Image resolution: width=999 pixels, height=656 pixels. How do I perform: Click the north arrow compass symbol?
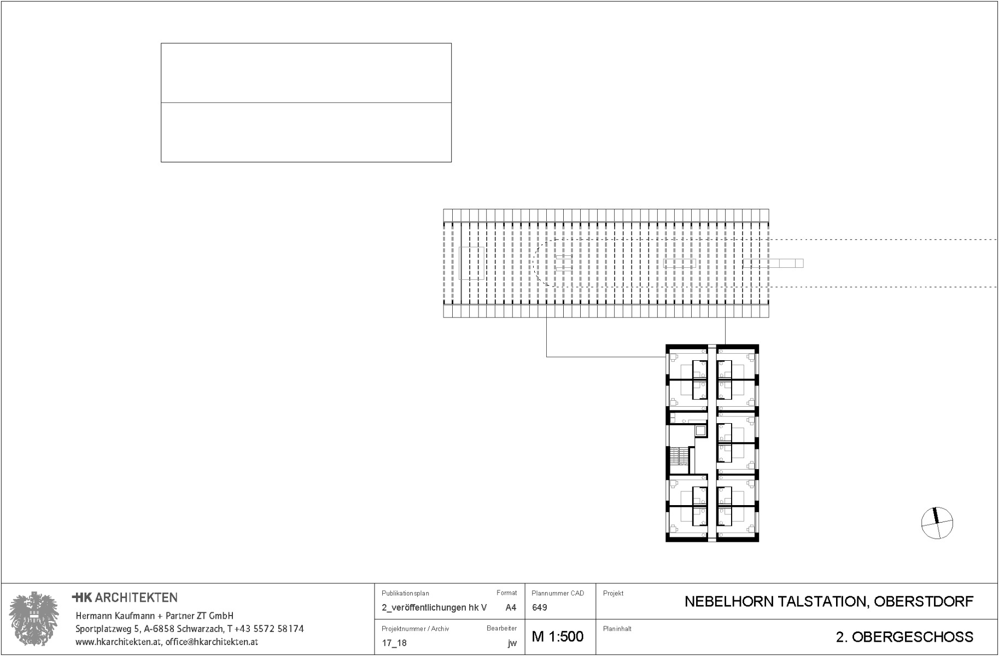coord(937,523)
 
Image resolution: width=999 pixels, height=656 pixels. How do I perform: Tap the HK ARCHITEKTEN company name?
coord(125,598)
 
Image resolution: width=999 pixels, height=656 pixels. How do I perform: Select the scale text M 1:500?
coord(557,637)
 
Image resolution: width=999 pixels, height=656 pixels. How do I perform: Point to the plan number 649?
coord(539,607)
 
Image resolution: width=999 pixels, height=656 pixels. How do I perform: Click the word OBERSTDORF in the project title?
coord(924,602)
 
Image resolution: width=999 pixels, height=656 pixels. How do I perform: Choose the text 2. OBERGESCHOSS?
coord(904,637)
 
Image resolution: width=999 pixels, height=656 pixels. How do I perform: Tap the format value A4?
coord(511,607)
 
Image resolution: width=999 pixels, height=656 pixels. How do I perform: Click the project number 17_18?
coord(394,643)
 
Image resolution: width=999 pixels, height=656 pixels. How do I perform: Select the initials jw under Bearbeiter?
coord(512,643)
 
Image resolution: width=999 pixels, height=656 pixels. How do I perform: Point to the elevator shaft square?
coord(700,430)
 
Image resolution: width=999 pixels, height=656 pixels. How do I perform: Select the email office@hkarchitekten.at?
coord(212,642)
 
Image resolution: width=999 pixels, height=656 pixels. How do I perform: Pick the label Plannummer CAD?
coord(558,593)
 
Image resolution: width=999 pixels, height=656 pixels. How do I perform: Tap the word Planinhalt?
coord(617,629)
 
